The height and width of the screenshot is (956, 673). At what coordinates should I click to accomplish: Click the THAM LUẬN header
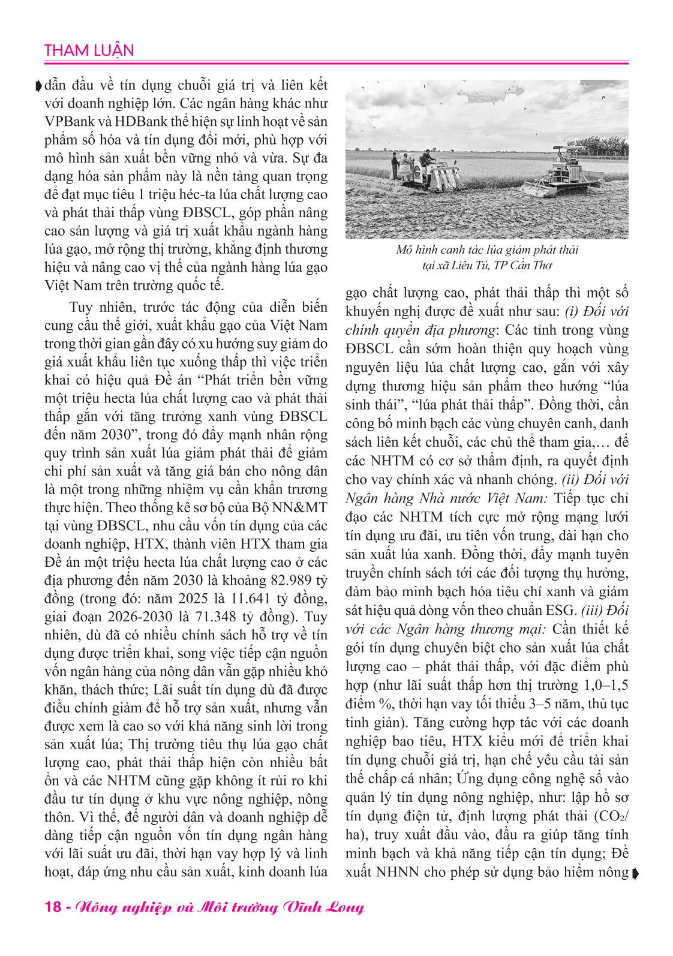pyautogui.click(x=89, y=50)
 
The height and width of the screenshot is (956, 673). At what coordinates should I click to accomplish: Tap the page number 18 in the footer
pyautogui.click(x=53, y=906)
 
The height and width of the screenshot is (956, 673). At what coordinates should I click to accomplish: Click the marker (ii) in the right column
pyautogui.click(x=569, y=480)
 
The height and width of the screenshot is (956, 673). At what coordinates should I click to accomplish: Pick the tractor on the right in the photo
pyautogui.click(x=564, y=173)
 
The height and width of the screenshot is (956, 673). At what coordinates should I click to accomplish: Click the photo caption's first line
pyautogui.click(x=486, y=250)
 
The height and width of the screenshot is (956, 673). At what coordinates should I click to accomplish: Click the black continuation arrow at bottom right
pyautogui.click(x=635, y=873)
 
